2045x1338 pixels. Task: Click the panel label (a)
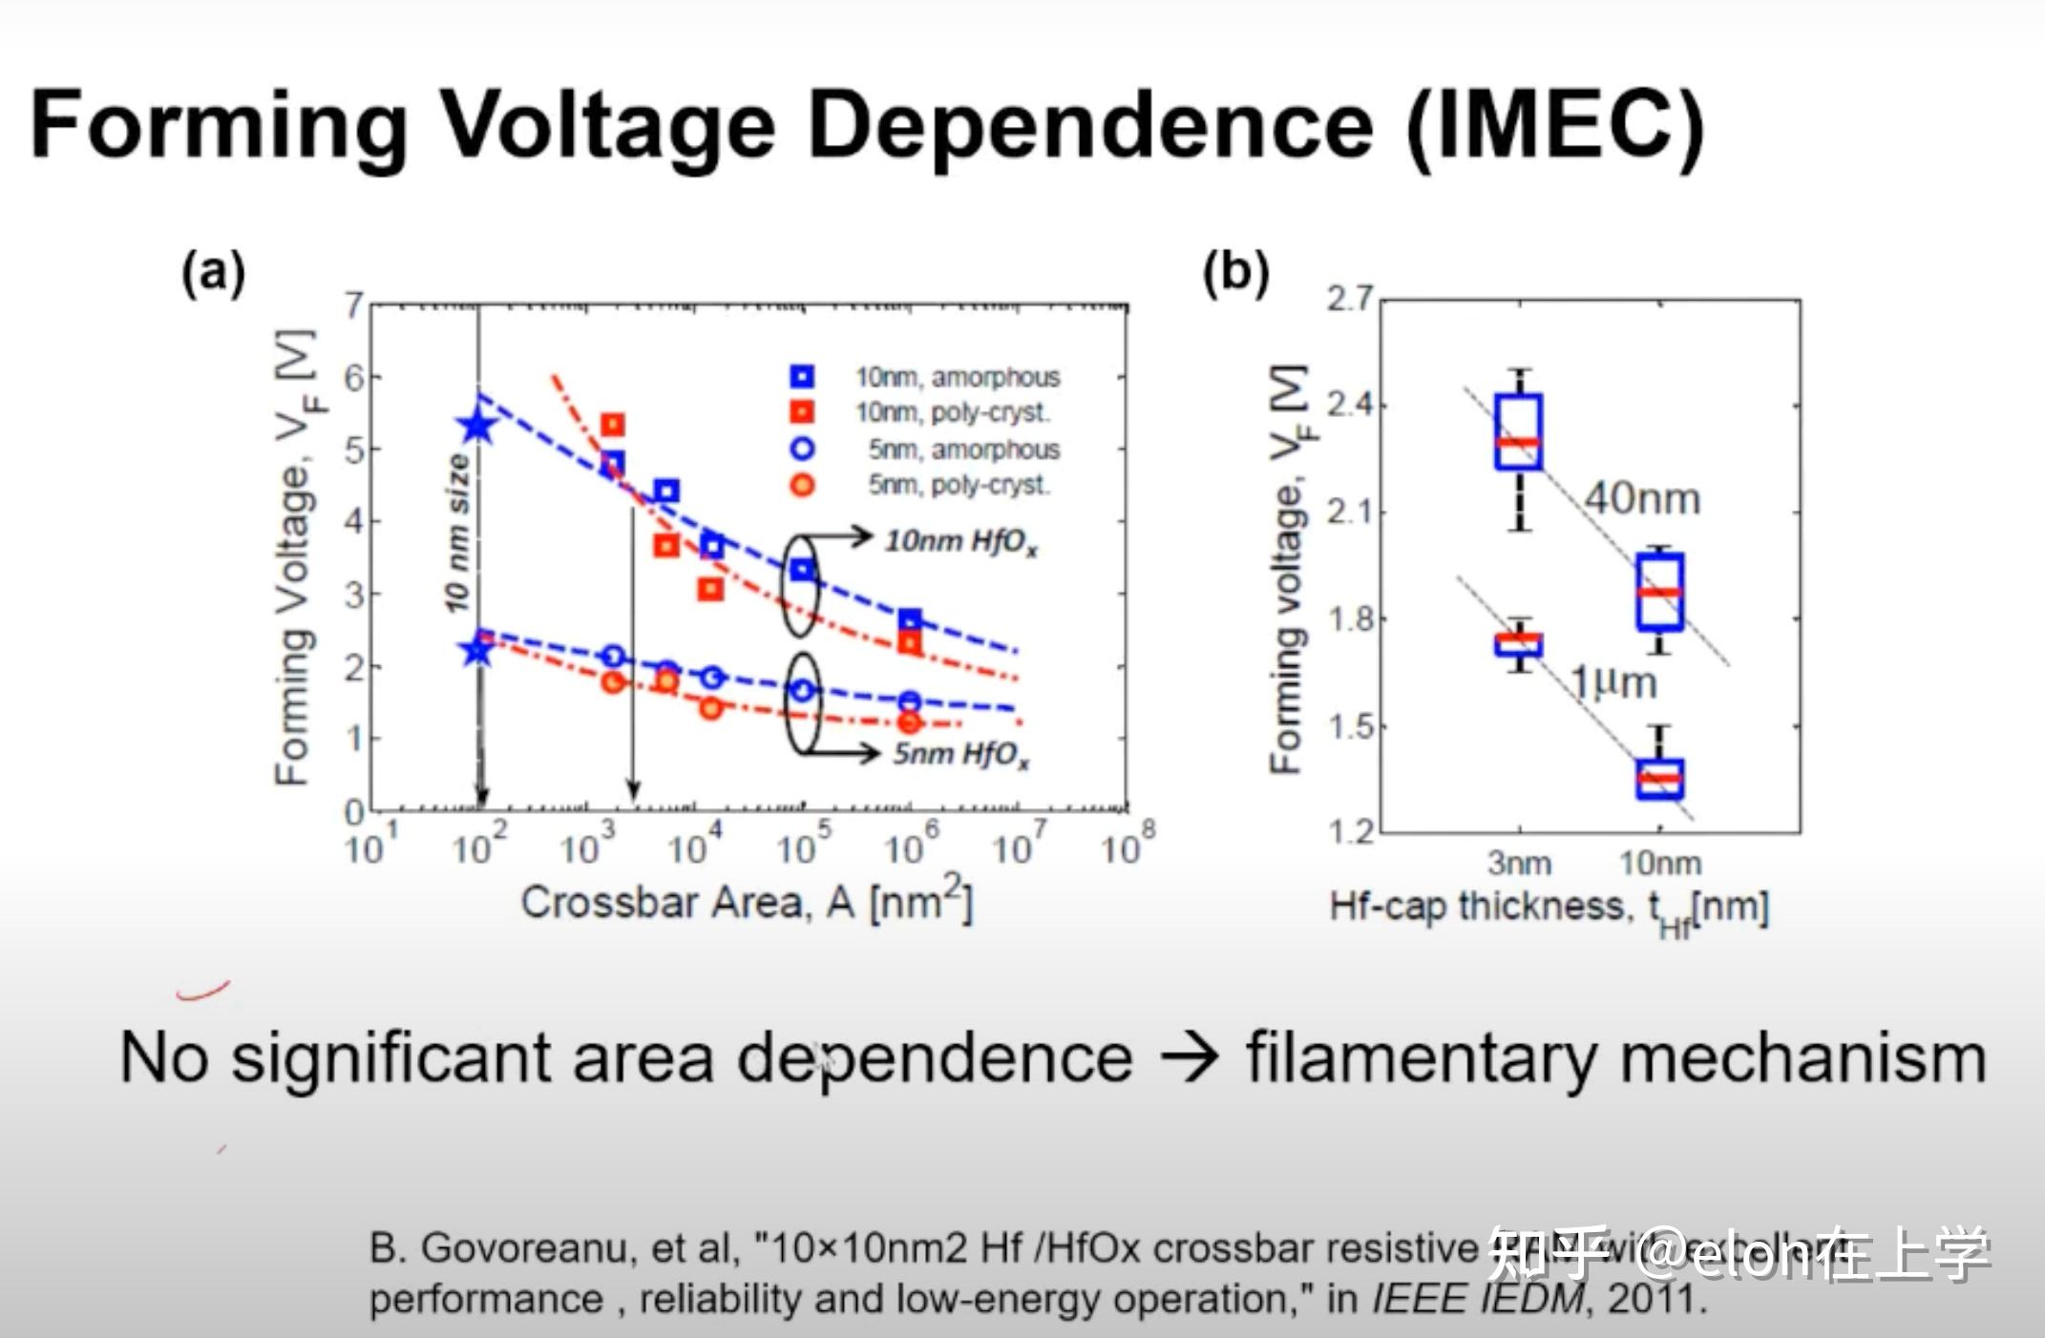pos(214,273)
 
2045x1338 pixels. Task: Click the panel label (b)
pos(1235,273)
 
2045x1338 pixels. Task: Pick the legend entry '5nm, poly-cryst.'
pos(958,485)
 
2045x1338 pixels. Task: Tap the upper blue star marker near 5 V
pos(477,426)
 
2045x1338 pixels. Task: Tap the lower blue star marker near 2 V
pos(477,651)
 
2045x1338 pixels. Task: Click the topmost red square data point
pos(612,425)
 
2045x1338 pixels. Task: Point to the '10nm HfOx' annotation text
pos(960,542)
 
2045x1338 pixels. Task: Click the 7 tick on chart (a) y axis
pos(354,305)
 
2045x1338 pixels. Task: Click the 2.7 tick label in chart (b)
pos(1349,299)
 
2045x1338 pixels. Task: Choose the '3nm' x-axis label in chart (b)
pos(1519,863)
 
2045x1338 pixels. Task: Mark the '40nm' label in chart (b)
pos(1642,499)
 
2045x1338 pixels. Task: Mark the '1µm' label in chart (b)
pos(1613,683)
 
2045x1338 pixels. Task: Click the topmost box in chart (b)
pos(1518,432)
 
